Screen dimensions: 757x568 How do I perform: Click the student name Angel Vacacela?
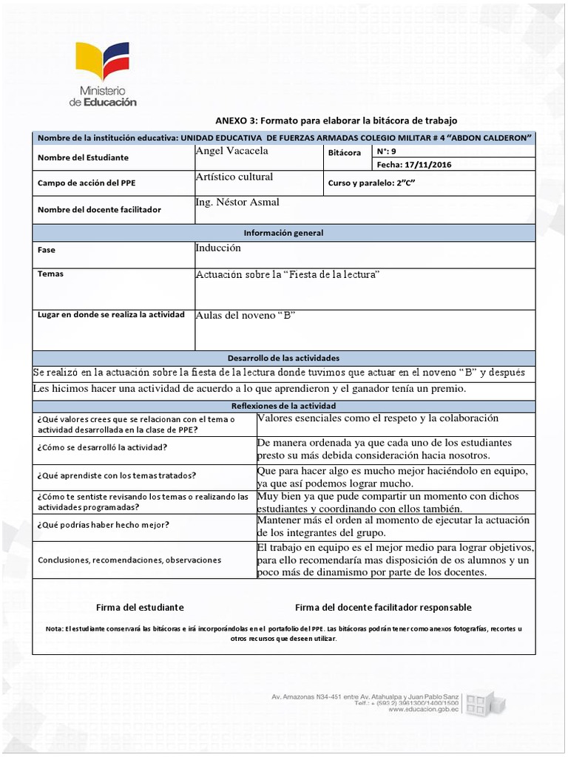231,152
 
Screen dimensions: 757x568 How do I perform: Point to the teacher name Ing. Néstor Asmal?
237,203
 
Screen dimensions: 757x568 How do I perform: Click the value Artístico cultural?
234,177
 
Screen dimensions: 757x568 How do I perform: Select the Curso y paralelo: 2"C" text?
367,183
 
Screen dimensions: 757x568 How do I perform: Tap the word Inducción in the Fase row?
218,248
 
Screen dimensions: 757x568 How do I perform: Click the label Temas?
50,274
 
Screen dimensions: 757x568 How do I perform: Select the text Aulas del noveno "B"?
246,316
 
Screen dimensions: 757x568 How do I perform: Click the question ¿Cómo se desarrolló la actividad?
102,447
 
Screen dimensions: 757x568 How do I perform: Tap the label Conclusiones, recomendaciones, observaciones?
129,560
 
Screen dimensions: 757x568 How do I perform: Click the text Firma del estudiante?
140,607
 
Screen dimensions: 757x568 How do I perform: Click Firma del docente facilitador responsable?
383,607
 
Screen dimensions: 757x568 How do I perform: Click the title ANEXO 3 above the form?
337,120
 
